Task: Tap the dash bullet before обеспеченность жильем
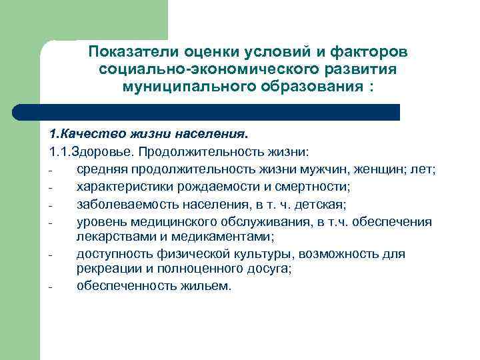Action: (x=51, y=287)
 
